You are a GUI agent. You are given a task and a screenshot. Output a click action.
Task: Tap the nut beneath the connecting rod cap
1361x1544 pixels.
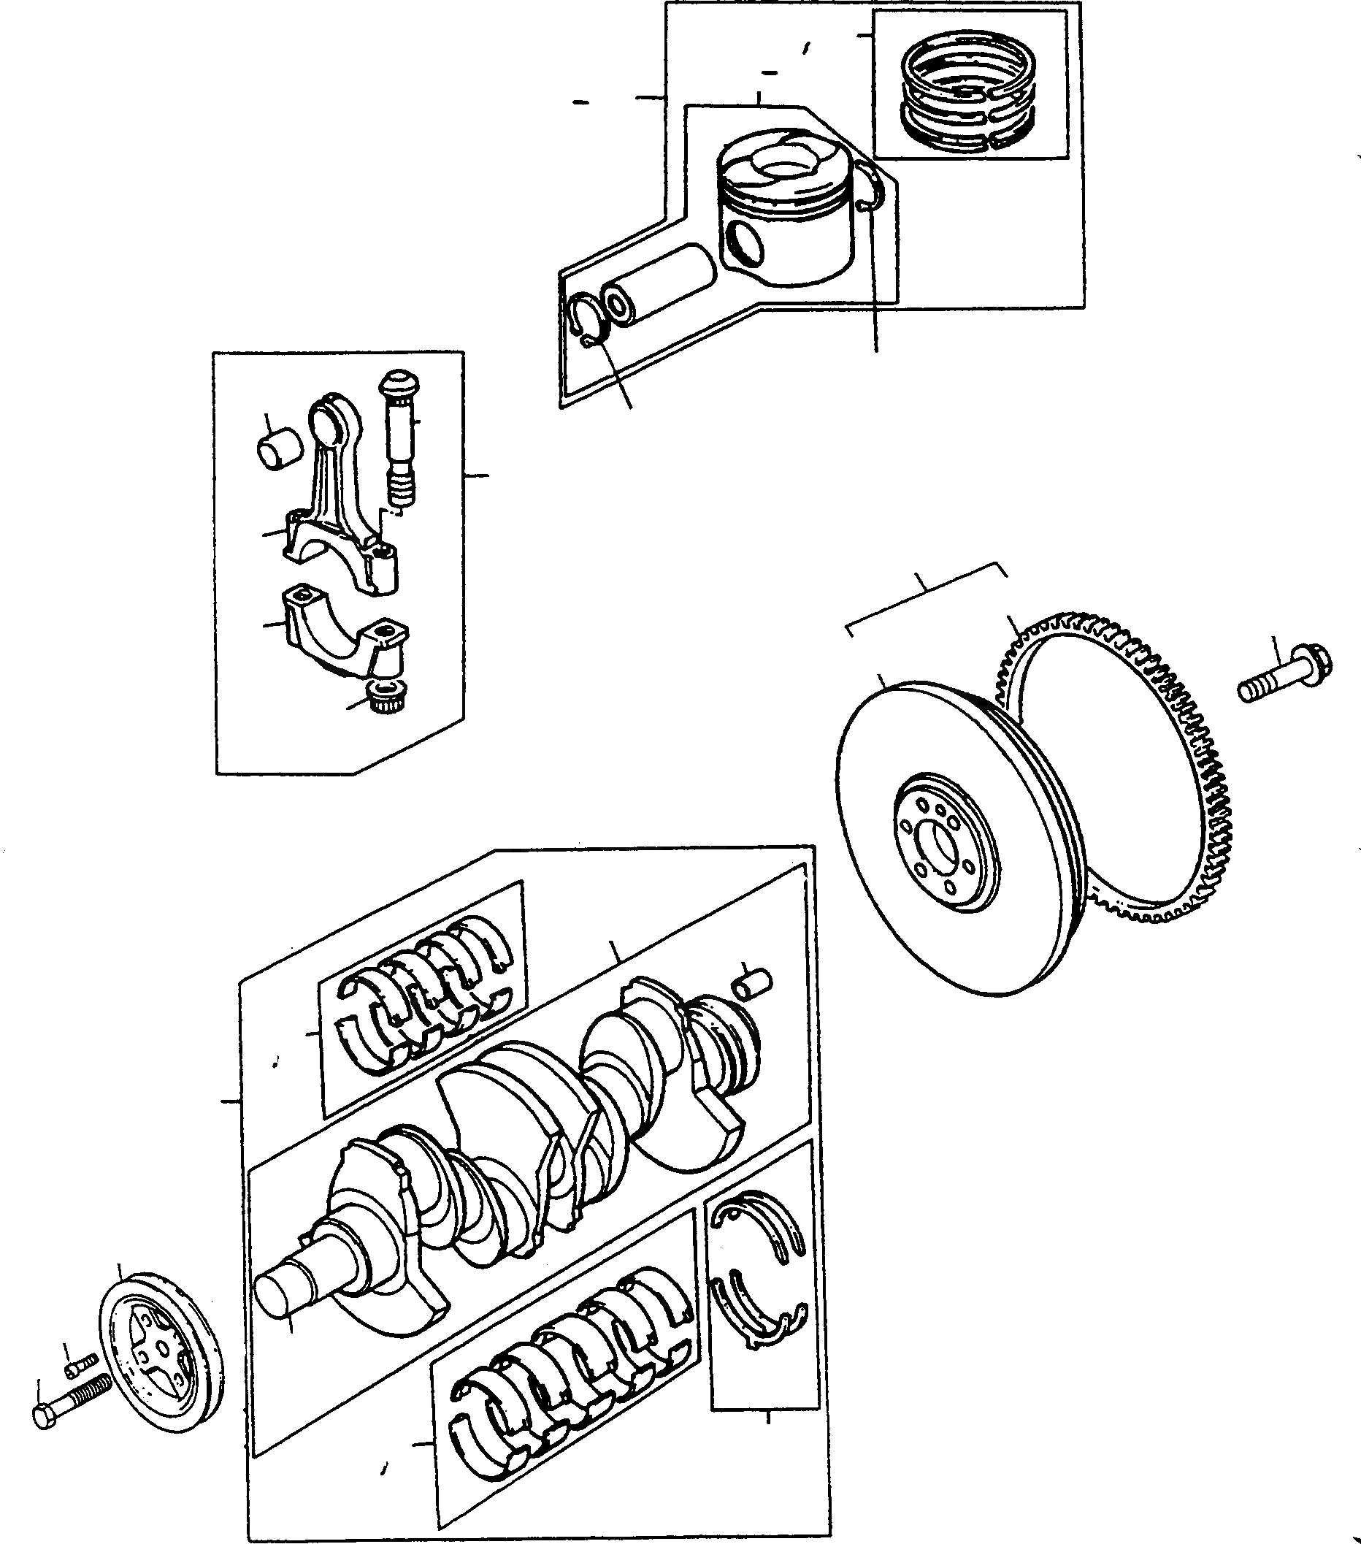tap(383, 694)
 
